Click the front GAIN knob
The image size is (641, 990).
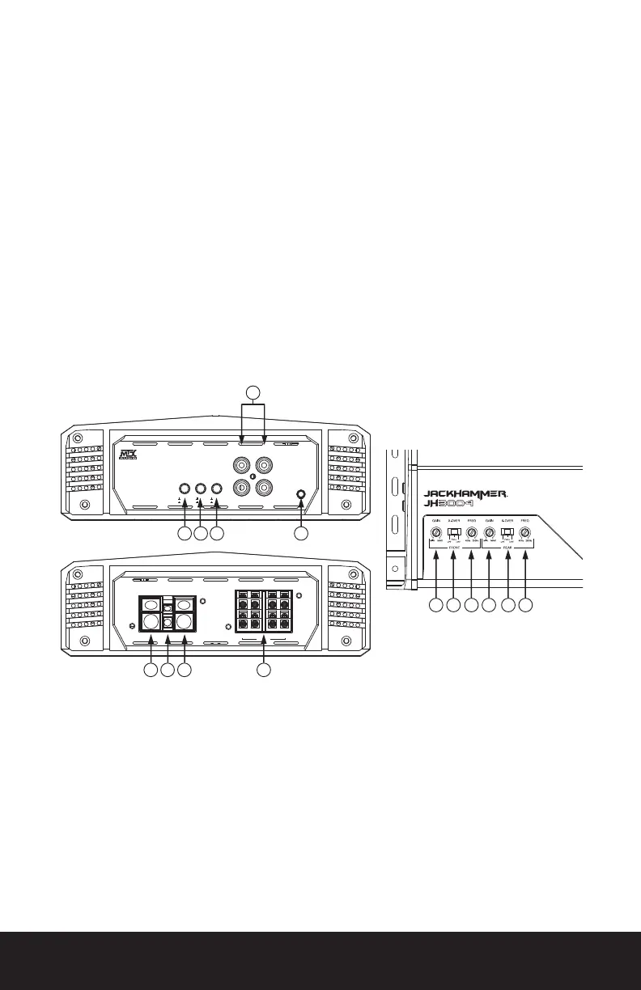point(436,534)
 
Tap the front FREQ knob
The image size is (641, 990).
point(472,534)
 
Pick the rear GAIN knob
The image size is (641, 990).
point(490,534)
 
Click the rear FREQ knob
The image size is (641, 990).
point(525,534)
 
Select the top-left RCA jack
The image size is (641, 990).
point(242,466)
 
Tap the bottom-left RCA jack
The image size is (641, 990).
point(242,489)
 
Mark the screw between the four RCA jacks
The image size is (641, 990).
point(253,477)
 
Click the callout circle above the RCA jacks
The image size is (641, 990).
point(253,394)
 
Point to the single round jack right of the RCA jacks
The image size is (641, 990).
point(301,495)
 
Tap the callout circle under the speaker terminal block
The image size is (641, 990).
point(263,671)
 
